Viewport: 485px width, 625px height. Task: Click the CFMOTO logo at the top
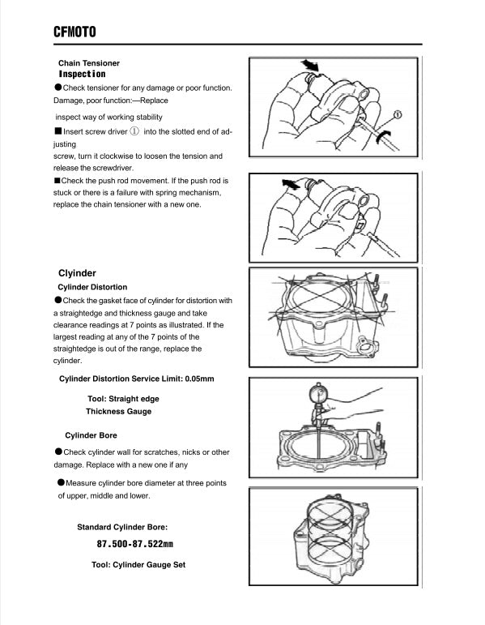[x=74, y=32]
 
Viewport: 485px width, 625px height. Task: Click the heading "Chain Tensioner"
[x=89, y=63]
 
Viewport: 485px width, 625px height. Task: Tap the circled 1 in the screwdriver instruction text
[x=134, y=131]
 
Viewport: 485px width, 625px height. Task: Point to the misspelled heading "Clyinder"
[x=78, y=273]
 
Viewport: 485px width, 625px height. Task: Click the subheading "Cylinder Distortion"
[x=92, y=287]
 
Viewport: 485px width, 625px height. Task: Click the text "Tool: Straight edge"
[x=123, y=399]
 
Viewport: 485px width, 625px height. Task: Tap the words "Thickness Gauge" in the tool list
[x=118, y=411]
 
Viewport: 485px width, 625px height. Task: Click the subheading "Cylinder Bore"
[x=91, y=435]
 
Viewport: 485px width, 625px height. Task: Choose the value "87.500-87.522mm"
[x=134, y=544]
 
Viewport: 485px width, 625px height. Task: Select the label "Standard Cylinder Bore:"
[x=122, y=527]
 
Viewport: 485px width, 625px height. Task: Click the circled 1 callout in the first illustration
[x=398, y=114]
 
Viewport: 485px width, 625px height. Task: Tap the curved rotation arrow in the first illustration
[x=384, y=137]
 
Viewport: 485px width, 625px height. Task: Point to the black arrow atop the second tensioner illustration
[x=290, y=185]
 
